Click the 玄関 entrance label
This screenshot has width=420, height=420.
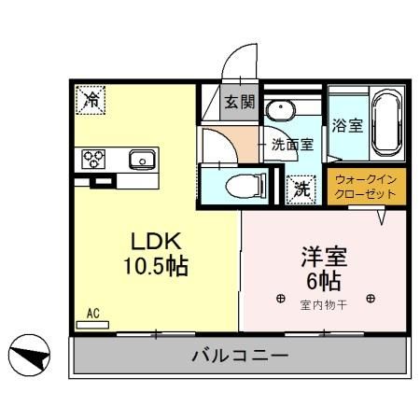238,103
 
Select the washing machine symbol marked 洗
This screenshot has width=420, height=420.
301,188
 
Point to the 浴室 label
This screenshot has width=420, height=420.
347,126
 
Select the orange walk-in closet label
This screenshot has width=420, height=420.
366,187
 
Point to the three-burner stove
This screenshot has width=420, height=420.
95,159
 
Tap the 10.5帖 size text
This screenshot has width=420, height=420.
154,268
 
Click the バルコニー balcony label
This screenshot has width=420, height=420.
240,355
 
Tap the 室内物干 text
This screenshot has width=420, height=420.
324,304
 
